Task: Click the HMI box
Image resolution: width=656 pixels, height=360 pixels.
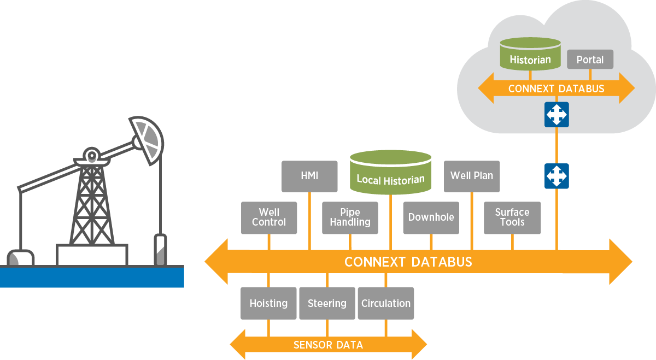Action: point(309,176)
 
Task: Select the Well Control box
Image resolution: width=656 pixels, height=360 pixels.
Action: point(269,218)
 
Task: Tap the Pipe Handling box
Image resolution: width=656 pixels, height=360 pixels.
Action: point(350,218)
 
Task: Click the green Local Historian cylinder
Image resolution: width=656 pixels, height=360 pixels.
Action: point(390,174)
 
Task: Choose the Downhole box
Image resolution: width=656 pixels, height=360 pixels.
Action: point(431,218)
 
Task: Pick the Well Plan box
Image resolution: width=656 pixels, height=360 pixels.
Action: point(471,176)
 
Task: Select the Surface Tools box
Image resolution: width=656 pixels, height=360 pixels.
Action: point(512,218)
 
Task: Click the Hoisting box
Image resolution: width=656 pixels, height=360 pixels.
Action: point(268,303)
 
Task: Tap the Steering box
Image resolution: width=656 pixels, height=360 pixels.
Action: point(327,303)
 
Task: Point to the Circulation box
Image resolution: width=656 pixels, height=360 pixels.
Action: point(386,303)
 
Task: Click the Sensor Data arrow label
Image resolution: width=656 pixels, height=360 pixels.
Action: point(328,345)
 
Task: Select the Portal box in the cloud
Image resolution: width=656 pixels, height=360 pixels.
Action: point(590,60)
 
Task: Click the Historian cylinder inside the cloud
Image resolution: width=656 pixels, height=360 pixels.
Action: point(530,55)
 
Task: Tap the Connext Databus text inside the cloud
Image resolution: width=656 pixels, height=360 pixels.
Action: point(556,88)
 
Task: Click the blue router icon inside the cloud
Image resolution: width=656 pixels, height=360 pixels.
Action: point(557,115)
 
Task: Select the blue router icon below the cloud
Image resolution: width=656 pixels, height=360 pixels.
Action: point(557,176)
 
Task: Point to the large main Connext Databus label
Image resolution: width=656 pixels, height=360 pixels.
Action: point(408,262)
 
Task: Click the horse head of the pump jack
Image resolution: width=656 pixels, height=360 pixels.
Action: point(147,139)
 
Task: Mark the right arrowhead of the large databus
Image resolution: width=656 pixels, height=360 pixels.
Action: point(620,262)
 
